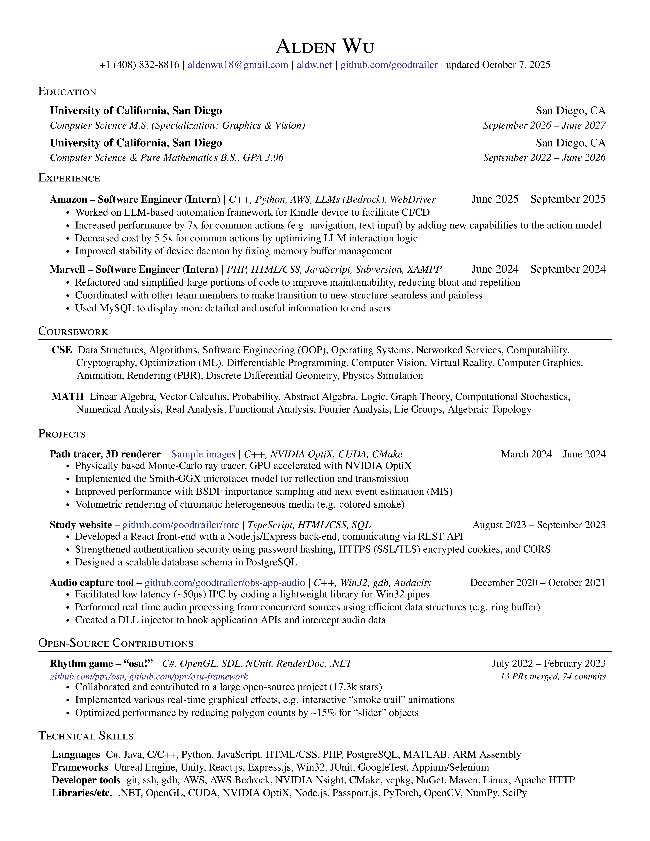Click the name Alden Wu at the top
pos(325,47)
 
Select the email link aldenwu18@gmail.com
pos(238,65)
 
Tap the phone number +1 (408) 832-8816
pos(139,65)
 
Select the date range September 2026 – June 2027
pos(544,126)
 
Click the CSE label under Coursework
pos(62,350)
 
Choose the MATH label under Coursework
pos(67,397)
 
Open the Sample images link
pos(203,454)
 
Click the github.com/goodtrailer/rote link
pos(181,525)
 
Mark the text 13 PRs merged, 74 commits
pos(553,677)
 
